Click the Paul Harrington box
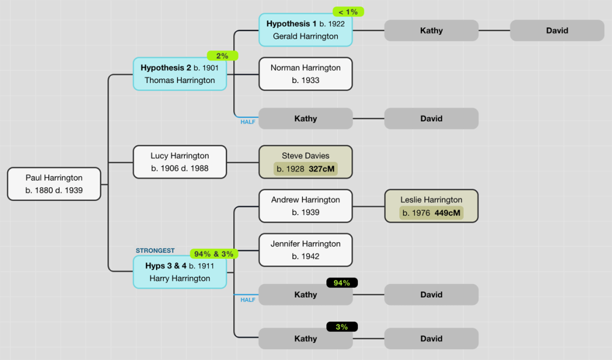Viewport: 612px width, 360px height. [x=54, y=184]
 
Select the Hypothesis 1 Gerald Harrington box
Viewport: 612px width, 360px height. [x=305, y=30]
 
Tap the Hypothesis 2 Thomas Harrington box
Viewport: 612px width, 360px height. [x=179, y=74]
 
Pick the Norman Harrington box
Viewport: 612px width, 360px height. [x=305, y=74]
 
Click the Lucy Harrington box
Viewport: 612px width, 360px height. [x=179, y=162]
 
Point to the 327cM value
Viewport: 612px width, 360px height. [x=322, y=169]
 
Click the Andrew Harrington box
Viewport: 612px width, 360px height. [x=305, y=206]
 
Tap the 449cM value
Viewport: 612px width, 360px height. [x=447, y=213]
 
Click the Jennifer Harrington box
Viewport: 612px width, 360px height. [x=305, y=250]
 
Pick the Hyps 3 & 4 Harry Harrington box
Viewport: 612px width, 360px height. [x=179, y=272]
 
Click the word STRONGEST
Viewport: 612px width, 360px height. [x=155, y=251]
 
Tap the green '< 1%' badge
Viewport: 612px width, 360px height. [x=348, y=12]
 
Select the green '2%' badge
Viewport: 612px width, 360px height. [x=222, y=56]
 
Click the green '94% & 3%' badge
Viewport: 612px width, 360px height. [x=214, y=254]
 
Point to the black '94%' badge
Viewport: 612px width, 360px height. [x=342, y=283]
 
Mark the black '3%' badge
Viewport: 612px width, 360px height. [x=342, y=327]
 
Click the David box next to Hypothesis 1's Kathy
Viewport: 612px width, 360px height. [x=557, y=30]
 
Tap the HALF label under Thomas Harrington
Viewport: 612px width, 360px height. [x=248, y=122]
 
